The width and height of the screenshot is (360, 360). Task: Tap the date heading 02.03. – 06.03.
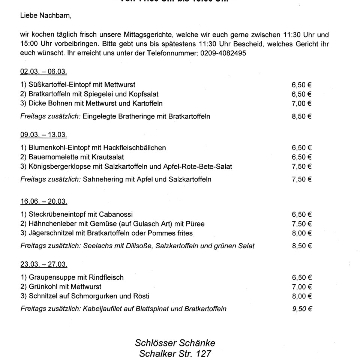pos(43,71)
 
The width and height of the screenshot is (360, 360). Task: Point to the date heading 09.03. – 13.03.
pos(43,134)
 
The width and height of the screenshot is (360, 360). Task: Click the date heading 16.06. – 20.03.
pos(43,201)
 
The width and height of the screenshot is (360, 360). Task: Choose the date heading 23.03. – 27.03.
pos(43,264)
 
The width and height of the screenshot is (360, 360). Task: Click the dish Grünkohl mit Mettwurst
pos(62,287)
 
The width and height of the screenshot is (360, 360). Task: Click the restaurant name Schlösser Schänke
pos(175,343)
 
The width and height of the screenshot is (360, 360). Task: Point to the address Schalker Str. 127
pos(175,353)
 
